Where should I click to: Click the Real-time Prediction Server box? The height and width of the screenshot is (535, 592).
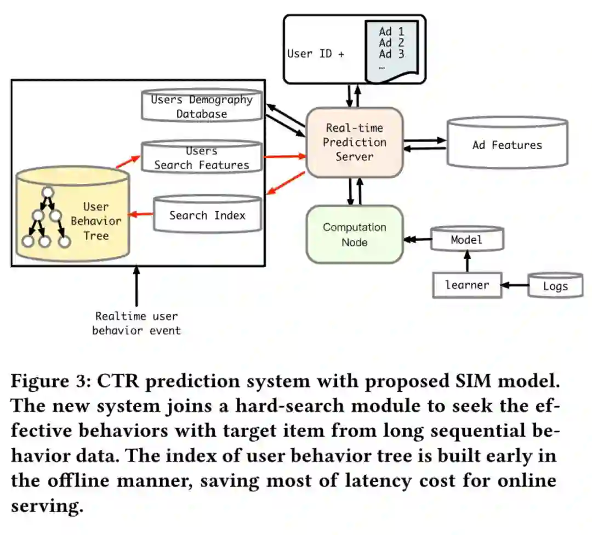click(354, 142)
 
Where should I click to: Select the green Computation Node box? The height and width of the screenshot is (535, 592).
click(354, 234)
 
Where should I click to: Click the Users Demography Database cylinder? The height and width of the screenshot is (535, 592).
click(201, 106)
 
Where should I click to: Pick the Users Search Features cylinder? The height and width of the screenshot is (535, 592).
click(201, 157)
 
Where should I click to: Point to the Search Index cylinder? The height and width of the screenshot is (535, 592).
click(207, 215)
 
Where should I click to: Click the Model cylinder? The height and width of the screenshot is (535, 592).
click(466, 240)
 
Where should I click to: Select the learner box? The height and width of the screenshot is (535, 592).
click(467, 285)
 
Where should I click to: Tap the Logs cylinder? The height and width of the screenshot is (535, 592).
click(555, 286)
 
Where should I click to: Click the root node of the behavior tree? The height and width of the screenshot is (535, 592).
click(48, 192)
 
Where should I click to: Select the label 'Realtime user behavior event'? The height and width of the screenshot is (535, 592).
click(136, 323)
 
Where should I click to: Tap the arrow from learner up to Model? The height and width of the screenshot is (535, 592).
click(467, 261)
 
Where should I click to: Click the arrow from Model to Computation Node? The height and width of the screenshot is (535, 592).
click(417, 239)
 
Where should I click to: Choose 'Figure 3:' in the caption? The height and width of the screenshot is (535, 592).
click(48, 381)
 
